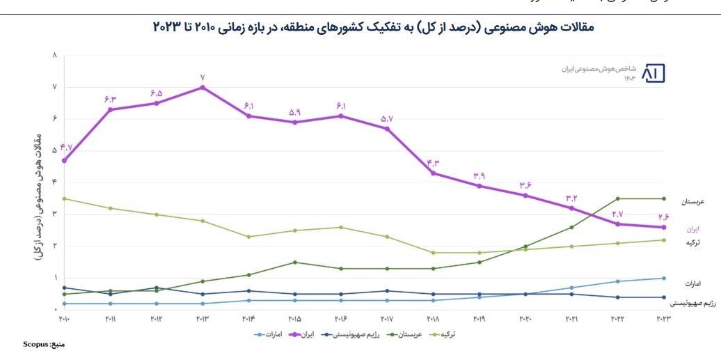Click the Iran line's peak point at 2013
pyautogui.click(x=202, y=87)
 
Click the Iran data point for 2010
pyautogui.click(x=64, y=160)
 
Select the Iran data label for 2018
pyautogui.click(x=433, y=163)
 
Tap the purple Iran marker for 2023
pyautogui.click(x=663, y=227)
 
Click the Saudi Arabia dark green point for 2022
pyautogui.click(x=617, y=198)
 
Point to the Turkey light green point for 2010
pyautogui.click(x=64, y=198)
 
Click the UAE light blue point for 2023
pyautogui.click(x=663, y=278)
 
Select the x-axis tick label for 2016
pyautogui.click(x=340, y=319)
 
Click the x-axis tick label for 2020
pyautogui.click(x=525, y=319)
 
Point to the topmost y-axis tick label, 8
pyautogui.click(x=54, y=55)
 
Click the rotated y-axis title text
pyautogui.click(x=37, y=196)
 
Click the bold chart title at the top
pyautogui.click(x=373, y=27)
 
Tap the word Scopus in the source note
pyautogui.click(x=34, y=344)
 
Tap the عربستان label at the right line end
pyautogui.click(x=692, y=201)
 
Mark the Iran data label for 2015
pyautogui.click(x=294, y=112)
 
